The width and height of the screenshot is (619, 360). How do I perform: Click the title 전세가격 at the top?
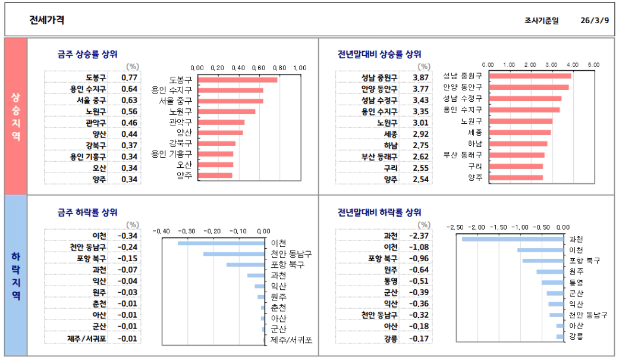coord(47,20)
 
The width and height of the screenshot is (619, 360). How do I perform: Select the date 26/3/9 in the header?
coord(595,20)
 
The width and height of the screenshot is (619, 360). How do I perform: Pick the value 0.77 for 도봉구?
coord(129,77)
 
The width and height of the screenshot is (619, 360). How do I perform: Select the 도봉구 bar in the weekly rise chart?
coord(237,80)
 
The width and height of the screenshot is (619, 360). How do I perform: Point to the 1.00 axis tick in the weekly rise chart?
coord(299,68)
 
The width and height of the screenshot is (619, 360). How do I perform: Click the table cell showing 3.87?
coord(420,77)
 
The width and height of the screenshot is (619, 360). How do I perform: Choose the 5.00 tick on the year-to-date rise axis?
coord(593,64)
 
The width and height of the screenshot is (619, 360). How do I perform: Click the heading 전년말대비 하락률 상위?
coord(379,212)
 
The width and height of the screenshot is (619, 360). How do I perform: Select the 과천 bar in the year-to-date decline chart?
coord(513,239)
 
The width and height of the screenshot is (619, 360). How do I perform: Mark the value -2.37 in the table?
coord(420,236)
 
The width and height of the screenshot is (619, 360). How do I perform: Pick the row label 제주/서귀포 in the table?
coord(87,339)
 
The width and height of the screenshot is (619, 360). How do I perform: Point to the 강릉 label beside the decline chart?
coord(576,337)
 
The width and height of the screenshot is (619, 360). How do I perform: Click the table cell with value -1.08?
coord(420,247)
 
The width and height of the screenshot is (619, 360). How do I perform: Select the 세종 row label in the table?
coord(391,134)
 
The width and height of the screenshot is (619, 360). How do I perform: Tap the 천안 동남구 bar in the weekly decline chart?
coord(234,254)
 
